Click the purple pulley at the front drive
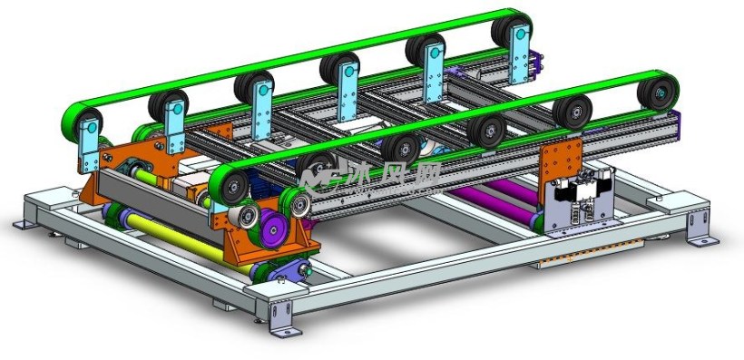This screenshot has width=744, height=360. [x=273, y=229]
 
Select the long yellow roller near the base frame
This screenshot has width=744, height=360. [x=189, y=243]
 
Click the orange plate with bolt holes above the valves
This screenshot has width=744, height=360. [x=562, y=161]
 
